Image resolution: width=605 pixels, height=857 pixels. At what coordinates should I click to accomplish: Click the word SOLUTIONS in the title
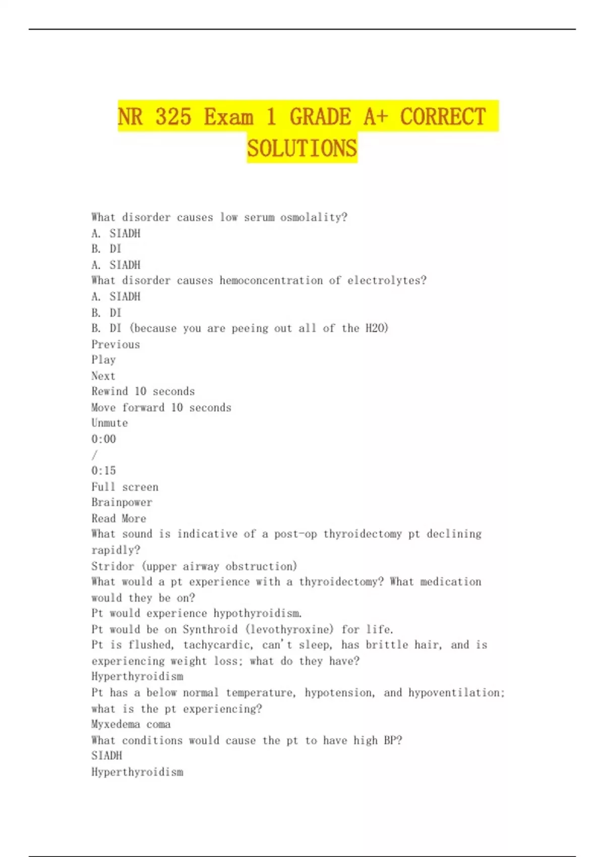(302, 148)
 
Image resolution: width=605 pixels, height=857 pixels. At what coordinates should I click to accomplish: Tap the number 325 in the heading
(173, 117)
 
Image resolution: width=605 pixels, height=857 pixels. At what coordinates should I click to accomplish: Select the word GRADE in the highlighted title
(320, 117)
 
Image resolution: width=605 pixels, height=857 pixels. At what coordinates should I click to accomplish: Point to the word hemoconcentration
(271, 280)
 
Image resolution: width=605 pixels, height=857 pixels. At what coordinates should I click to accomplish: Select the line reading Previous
(115, 344)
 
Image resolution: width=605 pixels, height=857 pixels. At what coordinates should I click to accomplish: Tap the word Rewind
(109, 391)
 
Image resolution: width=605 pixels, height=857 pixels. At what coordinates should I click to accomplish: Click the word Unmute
(109, 423)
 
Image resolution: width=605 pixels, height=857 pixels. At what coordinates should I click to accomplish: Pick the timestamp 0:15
(103, 470)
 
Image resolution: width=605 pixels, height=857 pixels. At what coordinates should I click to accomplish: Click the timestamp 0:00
(103, 439)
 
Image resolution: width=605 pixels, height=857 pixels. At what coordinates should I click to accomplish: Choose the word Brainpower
(122, 502)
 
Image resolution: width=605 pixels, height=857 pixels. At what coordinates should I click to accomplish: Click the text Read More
(118, 518)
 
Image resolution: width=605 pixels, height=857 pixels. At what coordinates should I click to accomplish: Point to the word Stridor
(112, 566)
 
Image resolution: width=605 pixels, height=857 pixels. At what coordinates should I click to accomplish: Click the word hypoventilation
(455, 693)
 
